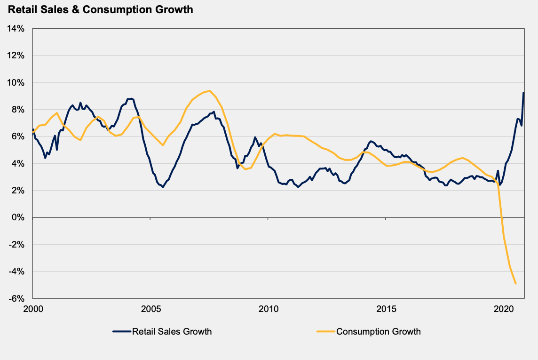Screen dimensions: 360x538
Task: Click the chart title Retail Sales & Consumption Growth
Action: tap(101, 9)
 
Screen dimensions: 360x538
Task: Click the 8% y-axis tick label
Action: tap(17, 110)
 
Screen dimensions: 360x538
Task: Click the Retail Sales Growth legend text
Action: tap(172, 332)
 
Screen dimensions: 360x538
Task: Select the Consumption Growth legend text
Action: tap(379, 332)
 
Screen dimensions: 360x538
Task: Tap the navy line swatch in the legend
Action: tap(122, 332)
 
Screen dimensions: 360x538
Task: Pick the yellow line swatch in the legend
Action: tap(326, 332)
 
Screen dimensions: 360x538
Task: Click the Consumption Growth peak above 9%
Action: tap(209, 91)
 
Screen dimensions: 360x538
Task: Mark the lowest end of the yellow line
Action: tap(515, 283)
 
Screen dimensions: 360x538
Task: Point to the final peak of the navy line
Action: tap(524, 93)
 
